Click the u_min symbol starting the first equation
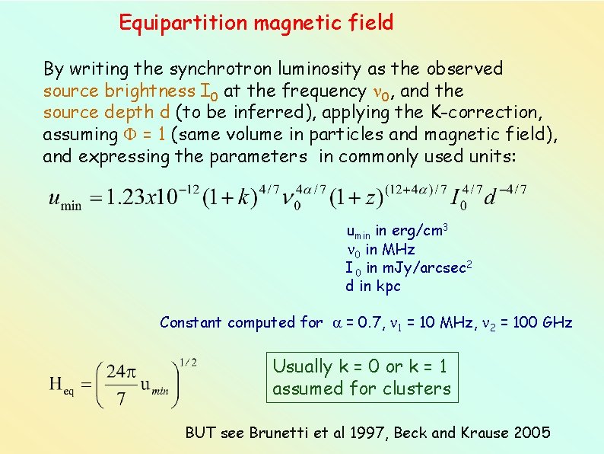pos(65,201)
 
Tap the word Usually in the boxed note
pos(303,366)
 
